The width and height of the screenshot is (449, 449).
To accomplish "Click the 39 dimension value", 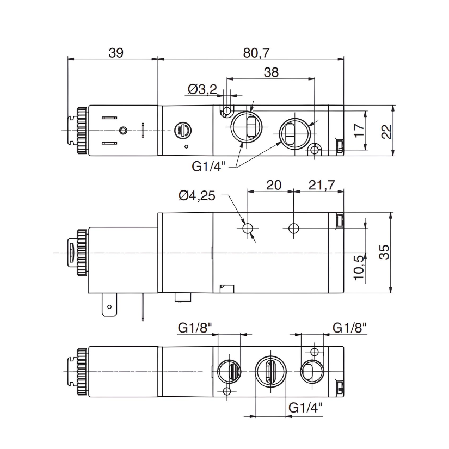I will [x=116, y=53].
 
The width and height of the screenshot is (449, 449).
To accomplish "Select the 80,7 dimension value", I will [x=256, y=53].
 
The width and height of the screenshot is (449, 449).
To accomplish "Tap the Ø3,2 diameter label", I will [x=202, y=89].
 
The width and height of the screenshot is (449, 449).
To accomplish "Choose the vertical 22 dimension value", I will [x=386, y=131].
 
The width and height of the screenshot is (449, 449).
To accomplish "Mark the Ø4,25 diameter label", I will [x=197, y=195].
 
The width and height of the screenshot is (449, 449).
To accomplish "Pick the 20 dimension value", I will [x=273, y=184].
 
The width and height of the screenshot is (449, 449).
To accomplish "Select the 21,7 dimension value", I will [x=321, y=184].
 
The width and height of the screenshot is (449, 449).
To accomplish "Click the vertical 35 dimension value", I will [x=384, y=252].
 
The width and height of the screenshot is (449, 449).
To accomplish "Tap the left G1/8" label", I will [x=195, y=328].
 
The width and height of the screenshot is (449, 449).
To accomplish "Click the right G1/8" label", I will [x=349, y=328].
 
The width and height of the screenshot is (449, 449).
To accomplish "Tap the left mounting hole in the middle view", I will [x=249, y=229].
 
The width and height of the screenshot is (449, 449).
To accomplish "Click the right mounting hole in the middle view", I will [x=294, y=228].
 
